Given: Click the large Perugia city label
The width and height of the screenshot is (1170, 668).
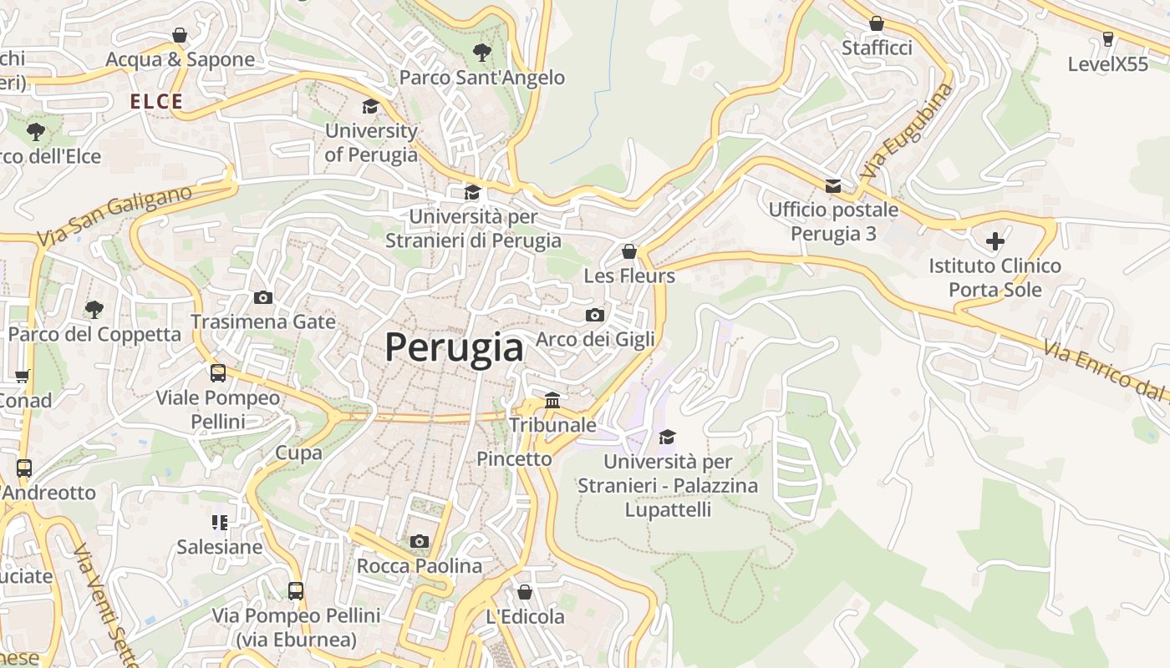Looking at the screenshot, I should click(x=454, y=347).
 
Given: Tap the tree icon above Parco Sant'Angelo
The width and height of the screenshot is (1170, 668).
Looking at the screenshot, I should click(x=481, y=53).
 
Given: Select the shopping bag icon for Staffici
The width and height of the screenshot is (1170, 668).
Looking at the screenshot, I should click(x=877, y=23).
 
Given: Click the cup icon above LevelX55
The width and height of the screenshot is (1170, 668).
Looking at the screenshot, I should click(x=1108, y=38).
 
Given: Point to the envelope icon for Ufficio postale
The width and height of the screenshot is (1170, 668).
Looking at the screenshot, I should click(x=833, y=185).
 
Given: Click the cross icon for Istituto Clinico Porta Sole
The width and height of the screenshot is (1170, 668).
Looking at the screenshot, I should click(x=994, y=241).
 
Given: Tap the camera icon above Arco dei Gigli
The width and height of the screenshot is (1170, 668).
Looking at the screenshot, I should click(x=595, y=315).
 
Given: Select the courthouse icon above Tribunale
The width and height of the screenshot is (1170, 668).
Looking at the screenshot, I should click(x=552, y=400).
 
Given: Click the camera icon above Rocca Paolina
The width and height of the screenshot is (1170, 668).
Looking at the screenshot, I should click(x=420, y=541).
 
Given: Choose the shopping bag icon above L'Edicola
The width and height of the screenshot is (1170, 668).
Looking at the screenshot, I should click(x=525, y=592).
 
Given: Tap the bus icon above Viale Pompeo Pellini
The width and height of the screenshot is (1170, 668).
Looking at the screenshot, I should click(x=218, y=372).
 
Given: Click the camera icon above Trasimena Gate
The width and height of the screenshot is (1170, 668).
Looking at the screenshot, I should click(x=263, y=297).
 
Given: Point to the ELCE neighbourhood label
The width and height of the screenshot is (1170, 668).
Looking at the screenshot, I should click(x=156, y=102).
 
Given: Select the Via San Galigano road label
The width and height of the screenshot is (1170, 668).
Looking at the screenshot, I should click(x=114, y=215).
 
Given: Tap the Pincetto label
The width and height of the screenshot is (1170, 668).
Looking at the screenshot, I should click(x=514, y=458).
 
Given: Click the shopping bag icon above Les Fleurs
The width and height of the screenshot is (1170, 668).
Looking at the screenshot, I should click(x=629, y=251).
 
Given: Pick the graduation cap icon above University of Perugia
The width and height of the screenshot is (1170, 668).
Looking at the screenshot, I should click(x=370, y=106).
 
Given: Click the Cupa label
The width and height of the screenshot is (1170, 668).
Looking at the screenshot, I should click(x=298, y=453).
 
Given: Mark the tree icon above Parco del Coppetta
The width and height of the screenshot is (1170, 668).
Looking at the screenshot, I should click(x=94, y=309).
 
